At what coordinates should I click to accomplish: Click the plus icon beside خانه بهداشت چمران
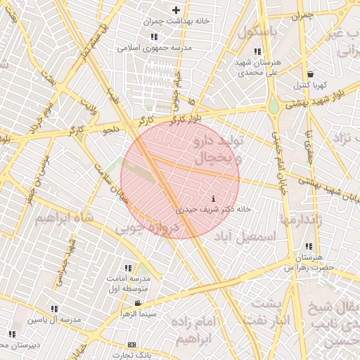click(x=176, y=11)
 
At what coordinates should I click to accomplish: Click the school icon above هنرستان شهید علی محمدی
click(x=257, y=51)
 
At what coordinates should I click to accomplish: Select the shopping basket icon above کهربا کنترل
click(x=310, y=74)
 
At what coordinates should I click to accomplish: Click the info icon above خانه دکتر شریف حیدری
click(x=213, y=199)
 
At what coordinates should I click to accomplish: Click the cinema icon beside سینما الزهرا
click(x=137, y=304)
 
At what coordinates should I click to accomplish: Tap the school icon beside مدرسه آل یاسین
click(x=54, y=308)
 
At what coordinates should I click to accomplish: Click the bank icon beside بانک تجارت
click(x=131, y=345)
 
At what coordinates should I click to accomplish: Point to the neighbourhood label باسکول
click(x=258, y=32)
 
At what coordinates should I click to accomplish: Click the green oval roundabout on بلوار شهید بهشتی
click(x=273, y=106)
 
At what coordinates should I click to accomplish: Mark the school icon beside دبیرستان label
click(x=11, y=333)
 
